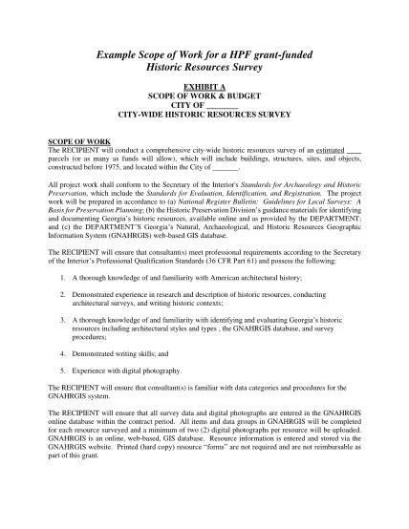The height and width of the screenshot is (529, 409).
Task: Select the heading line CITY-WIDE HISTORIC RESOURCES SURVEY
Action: coord(204,116)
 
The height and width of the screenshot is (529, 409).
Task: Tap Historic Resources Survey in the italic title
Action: coord(204,71)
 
